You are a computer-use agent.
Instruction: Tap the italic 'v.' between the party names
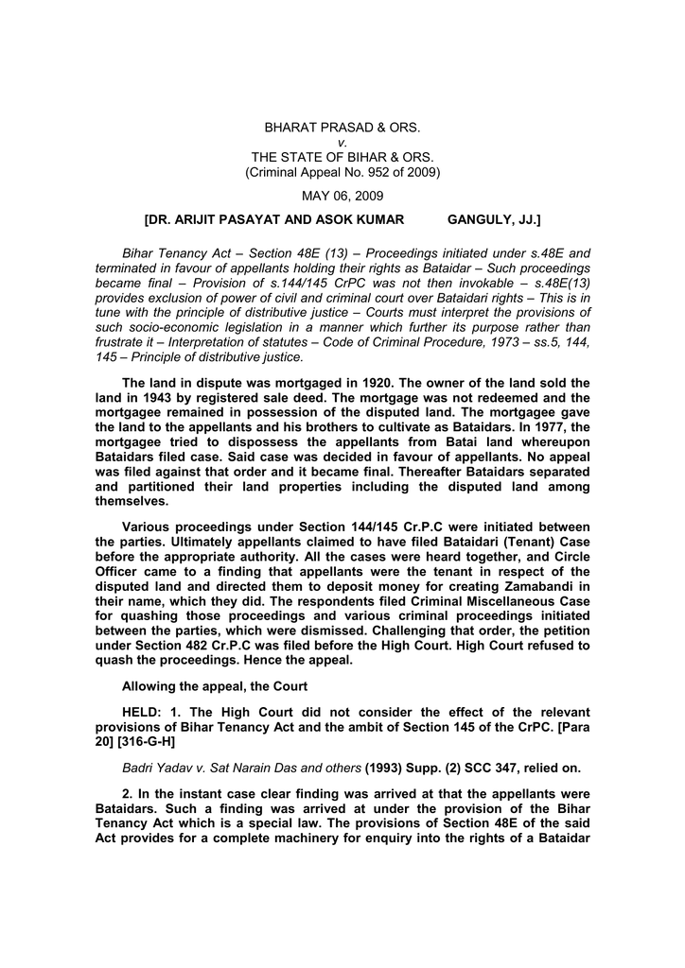point(342,142)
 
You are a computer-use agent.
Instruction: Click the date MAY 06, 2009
point(342,196)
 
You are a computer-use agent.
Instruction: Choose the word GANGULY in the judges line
point(479,220)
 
